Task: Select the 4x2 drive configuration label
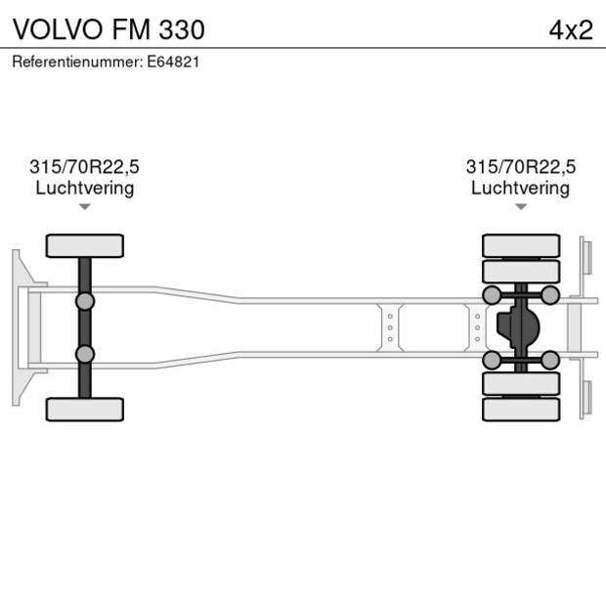(571, 29)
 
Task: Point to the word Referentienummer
(75, 62)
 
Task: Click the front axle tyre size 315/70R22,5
(85, 167)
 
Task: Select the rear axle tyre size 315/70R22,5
(520, 167)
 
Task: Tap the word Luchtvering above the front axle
(85, 188)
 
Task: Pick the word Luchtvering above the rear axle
(520, 188)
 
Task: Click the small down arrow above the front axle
(85, 206)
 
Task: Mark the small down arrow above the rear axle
(520, 206)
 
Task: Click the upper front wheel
(85, 245)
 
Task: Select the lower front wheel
(85, 409)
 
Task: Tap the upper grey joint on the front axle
(85, 300)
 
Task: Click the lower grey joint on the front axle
(85, 354)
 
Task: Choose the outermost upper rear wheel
(521, 245)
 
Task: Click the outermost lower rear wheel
(521, 409)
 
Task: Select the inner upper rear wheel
(521, 271)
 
